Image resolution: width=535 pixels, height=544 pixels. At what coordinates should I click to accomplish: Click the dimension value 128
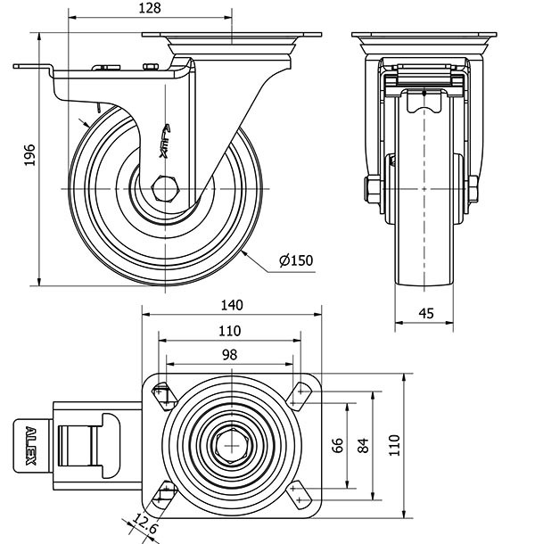[x=149, y=8]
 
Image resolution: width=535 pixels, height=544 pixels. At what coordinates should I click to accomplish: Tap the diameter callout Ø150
[x=296, y=260]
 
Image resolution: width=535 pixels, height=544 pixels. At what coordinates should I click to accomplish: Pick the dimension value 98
[x=229, y=354]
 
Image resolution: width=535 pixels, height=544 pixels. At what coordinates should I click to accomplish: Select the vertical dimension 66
[x=339, y=445]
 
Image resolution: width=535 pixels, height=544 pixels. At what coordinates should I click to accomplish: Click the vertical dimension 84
[x=363, y=445]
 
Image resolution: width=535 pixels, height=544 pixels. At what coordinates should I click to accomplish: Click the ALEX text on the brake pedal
[x=30, y=444]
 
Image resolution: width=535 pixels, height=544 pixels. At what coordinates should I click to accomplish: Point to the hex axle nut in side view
[x=166, y=189]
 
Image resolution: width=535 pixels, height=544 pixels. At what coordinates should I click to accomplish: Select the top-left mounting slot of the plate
[x=163, y=393]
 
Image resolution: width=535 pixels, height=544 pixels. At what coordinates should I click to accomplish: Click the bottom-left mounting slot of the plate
[x=163, y=491]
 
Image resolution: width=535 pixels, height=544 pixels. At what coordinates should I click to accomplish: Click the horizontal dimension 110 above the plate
[x=229, y=330]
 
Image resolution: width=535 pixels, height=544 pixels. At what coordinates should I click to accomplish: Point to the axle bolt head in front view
[x=369, y=189]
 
